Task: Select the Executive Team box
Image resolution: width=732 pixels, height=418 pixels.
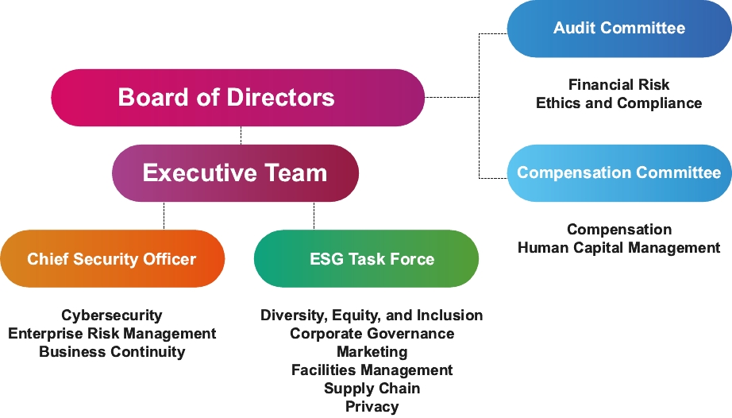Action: [235, 173]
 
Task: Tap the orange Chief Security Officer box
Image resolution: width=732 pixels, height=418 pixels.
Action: [112, 259]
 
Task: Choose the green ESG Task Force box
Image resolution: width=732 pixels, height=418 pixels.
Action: [366, 259]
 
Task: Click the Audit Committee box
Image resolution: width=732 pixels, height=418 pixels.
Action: [618, 29]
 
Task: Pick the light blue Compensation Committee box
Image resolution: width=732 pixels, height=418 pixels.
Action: [618, 173]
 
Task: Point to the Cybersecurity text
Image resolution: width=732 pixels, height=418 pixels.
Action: [112, 315]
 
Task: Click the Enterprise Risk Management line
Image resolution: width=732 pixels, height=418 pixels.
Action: [112, 334]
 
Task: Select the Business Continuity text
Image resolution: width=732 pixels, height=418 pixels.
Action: [112, 352]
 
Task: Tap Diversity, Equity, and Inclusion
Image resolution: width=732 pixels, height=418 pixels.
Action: [372, 315]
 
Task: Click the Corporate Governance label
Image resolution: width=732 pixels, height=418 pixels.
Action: [372, 334]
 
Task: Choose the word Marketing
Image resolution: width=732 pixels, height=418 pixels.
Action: [372, 352]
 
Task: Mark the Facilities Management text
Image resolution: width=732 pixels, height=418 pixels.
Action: [372, 370]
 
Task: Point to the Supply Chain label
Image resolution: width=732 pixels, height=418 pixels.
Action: [372, 389]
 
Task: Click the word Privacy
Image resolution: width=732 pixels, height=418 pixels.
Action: [372, 407]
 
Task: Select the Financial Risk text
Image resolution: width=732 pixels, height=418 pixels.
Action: [618, 85]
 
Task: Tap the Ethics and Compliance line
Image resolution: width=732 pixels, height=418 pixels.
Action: [618, 103]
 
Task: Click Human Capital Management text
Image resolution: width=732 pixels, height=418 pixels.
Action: [618, 248]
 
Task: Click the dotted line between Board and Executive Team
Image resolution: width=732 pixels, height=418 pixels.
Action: [241, 135]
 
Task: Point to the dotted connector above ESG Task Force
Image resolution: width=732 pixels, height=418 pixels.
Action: [314, 215]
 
